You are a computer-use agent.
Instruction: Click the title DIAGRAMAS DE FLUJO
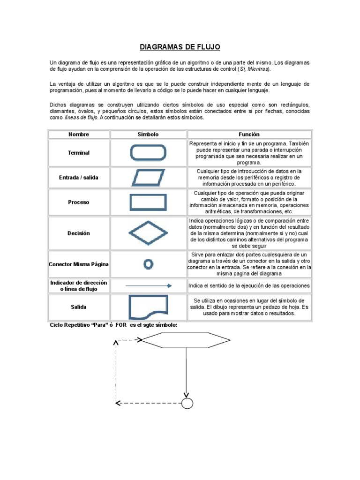pyautogui.click(x=180, y=47)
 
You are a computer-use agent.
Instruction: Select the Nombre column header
pyautogui.click(x=79, y=135)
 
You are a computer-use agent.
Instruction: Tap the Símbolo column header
pyautogui.click(x=148, y=135)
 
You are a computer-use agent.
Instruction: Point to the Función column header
pyautogui.click(x=249, y=135)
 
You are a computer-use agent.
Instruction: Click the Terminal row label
pyautogui.click(x=79, y=153)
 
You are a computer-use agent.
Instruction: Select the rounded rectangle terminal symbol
pyautogui.click(x=148, y=153)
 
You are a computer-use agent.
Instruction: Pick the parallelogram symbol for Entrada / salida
pyautogui.click(x=148, y=178)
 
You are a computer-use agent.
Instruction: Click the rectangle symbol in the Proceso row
pyautogui.click(x=148, y=202)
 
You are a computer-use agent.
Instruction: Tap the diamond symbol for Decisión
pyautogui.click(x=148, y=233)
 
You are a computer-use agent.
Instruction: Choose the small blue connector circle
pyautogui.click(x=148, y=264)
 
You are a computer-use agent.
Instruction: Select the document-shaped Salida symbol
pyautogui.click(x=148, y=307)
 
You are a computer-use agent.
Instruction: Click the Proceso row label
pyautogui.click(x=79, y=202)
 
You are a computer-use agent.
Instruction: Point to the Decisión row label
pyautogui.click(x=79, y=233)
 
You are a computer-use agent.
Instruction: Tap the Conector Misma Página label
pyautogui.click(x=79, y=264)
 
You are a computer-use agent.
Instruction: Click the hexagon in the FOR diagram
pyautogui.click(x=186, y=340)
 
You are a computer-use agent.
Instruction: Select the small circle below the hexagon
pyautogui.click(x=187, y=403)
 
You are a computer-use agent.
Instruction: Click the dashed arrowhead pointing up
pyautogui.click(x=115, y=343)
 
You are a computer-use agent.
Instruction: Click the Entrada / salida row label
pyautogui.click(x=79, y=178)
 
